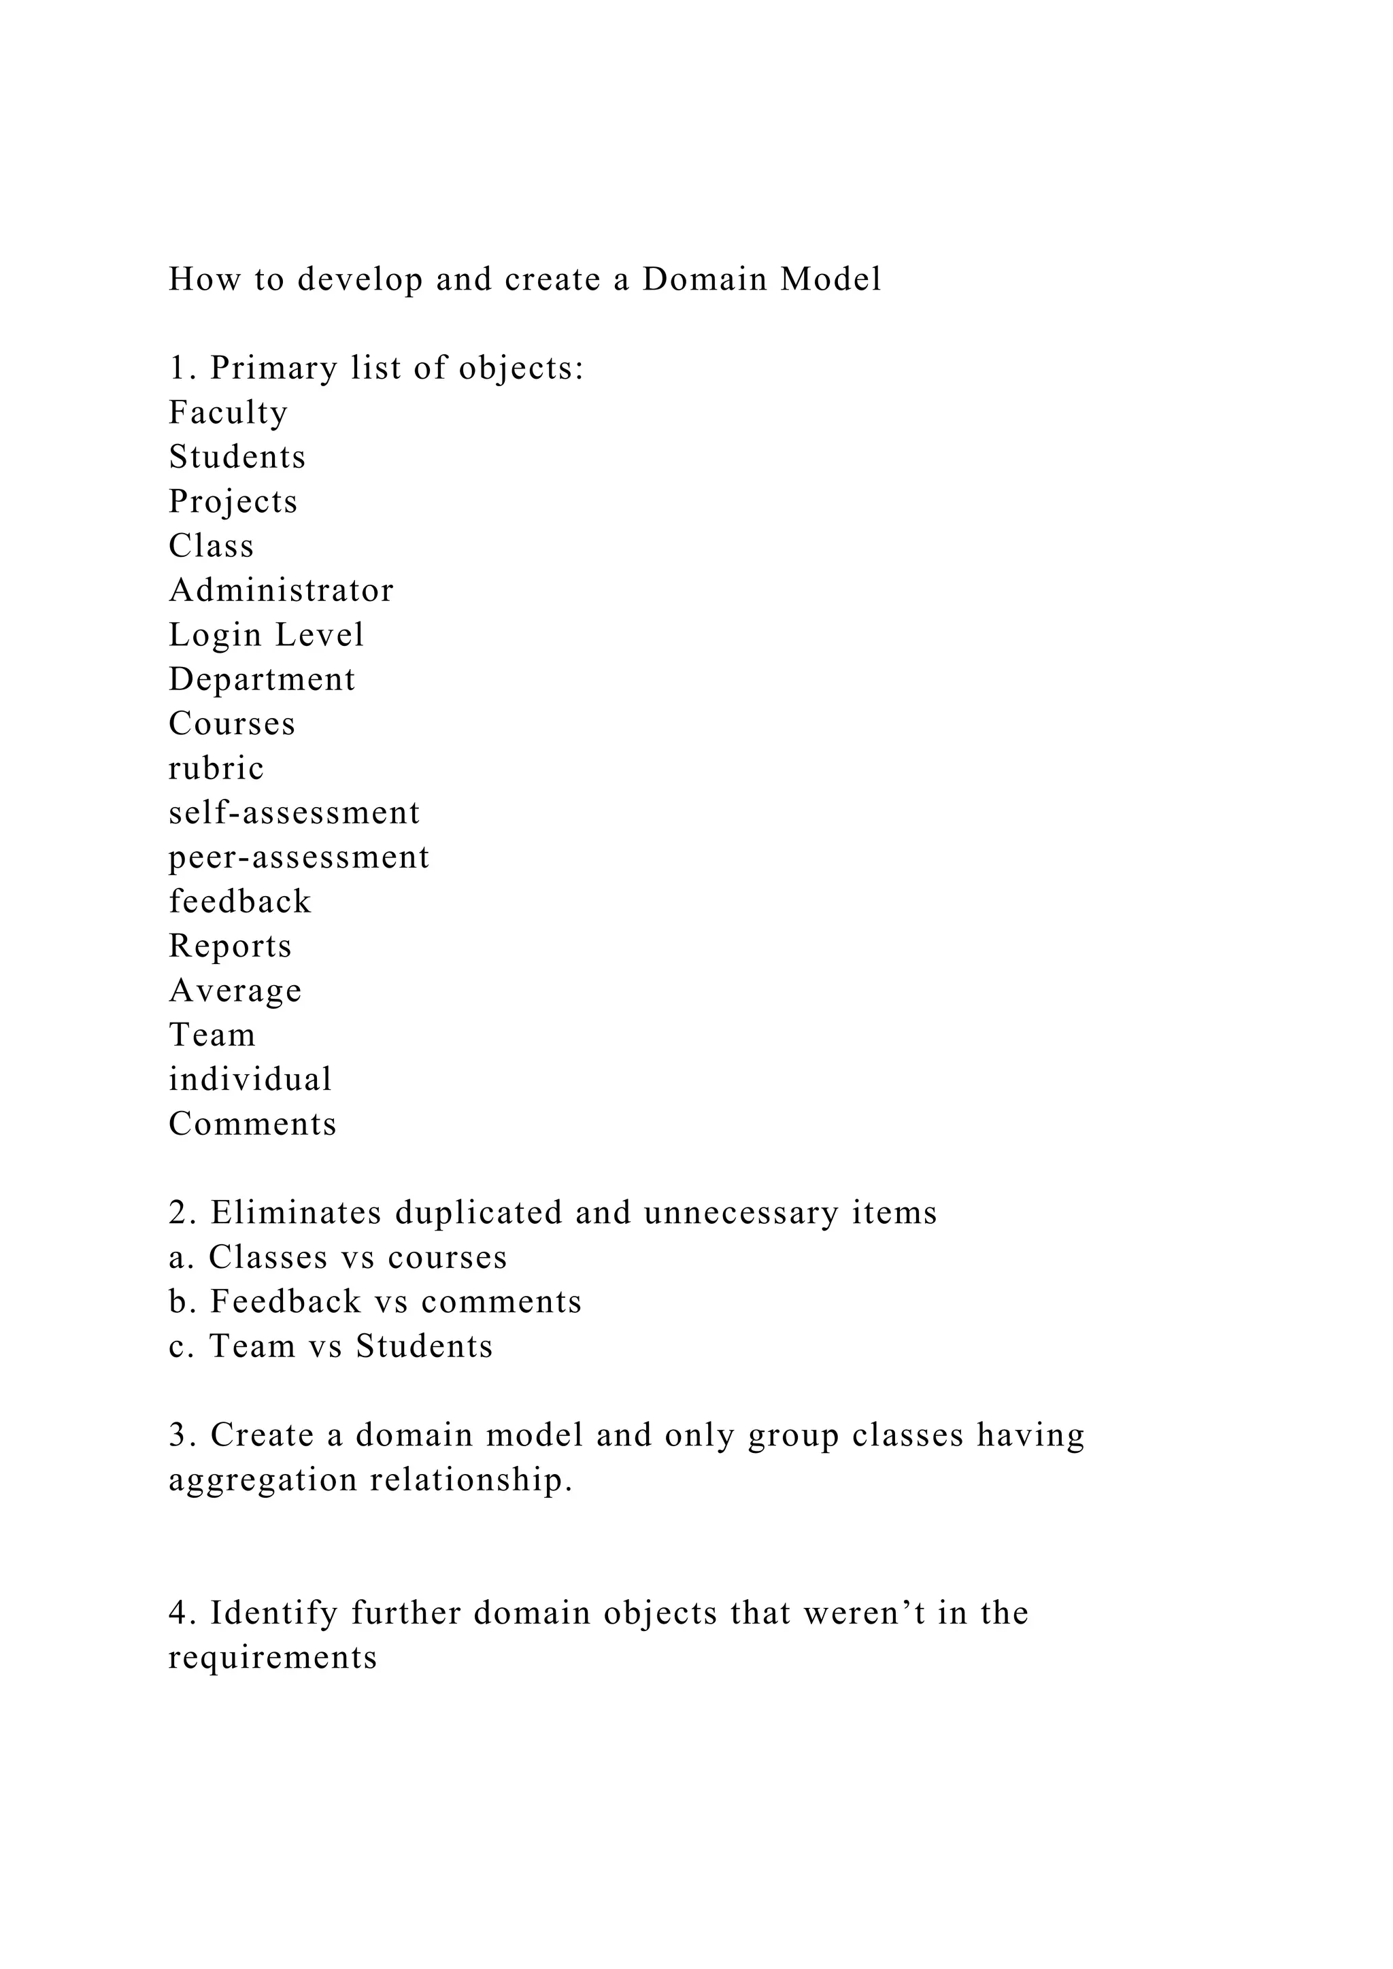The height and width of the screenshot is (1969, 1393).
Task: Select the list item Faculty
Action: [x=228, y=413]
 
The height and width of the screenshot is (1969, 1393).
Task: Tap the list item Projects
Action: [x=233, y=502]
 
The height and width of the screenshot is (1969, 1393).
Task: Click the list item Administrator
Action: [x=280, y=590]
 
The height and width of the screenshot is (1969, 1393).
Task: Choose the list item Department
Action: [x=262, y=679]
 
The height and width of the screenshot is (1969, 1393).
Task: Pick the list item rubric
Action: [x=216, y=768]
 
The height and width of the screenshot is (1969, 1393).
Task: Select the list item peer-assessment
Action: [x=299, y=857]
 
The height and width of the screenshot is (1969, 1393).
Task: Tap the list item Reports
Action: [x=230, y=946]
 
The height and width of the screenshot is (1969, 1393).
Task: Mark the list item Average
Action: [x=235, y=991]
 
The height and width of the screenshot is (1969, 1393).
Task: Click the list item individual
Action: [x=250, y=1079]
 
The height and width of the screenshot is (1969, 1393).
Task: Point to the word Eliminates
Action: [x=296, y=1213]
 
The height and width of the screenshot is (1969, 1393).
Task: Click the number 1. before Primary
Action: [x=183, y=368]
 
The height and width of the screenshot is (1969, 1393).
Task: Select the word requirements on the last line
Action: [x=273, y=1658]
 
